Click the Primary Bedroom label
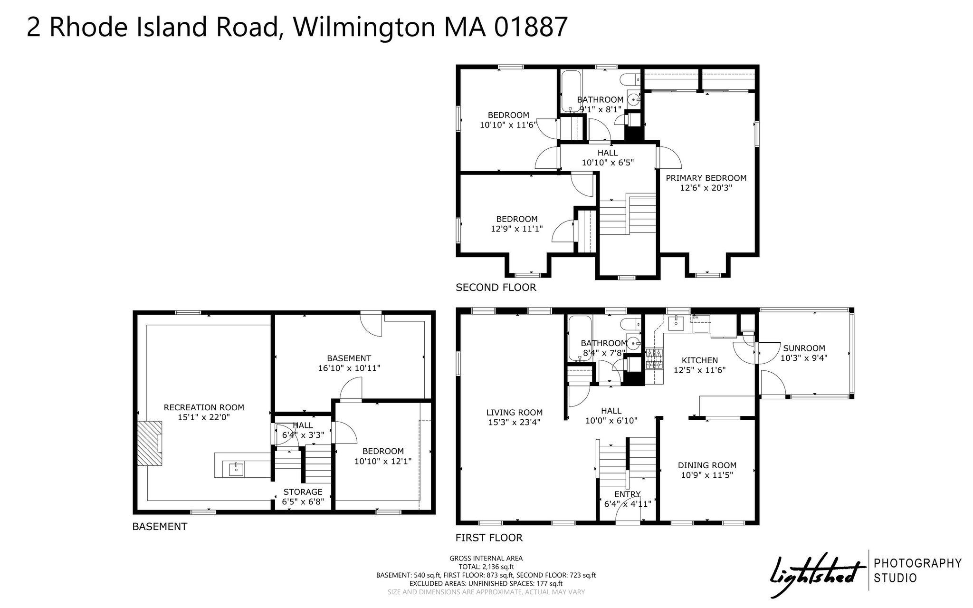coord(706,178)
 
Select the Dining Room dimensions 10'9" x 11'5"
coord(707,474)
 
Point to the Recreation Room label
coord(204,407)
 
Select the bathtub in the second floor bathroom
coord(571,91)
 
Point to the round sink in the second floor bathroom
coord(634,99)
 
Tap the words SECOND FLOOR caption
coord(496,287)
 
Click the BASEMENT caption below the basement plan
coord(160,526)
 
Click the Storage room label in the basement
coord(303,492)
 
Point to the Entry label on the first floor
coord(628,494)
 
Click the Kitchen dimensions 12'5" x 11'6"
coord(699,370)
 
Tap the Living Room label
coord(515,413)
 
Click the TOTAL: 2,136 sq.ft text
coord(486,567)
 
